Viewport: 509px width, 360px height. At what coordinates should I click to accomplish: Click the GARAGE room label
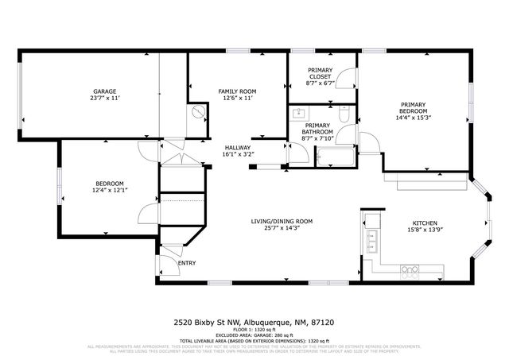pos(105,91)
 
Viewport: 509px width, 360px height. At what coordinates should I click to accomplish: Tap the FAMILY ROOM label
pos(236,91)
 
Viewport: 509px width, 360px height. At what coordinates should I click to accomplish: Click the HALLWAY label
pos(238,148)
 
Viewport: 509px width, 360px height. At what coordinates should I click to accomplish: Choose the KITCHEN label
pos(424,223)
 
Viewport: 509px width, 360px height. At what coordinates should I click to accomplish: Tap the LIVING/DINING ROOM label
pos(282,221)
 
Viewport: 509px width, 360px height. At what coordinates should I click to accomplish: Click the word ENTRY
pos(187,263)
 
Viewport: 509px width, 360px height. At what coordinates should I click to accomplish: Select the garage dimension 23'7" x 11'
pos(105,99)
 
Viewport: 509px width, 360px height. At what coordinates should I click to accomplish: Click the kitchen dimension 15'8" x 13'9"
pos(424,230)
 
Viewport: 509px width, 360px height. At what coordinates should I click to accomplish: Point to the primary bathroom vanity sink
pos(299,113)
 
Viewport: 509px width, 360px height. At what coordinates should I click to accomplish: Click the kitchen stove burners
pos(410,271)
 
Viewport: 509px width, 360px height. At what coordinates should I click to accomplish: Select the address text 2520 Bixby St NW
pos(208,323)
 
